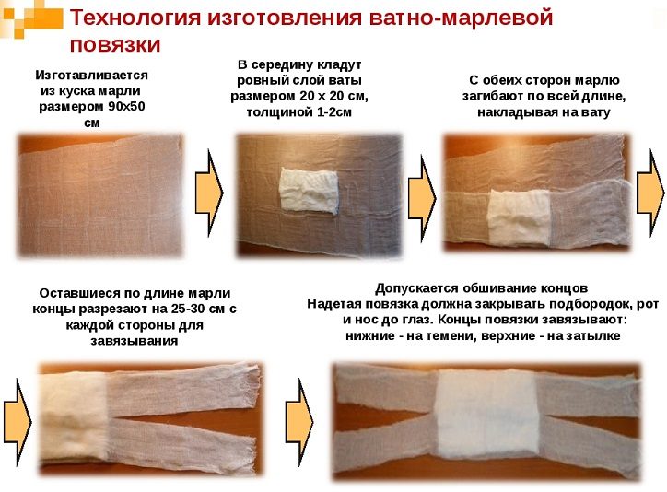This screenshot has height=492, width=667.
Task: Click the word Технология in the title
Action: point(135,18)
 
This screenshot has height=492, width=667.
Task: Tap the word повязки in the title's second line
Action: point(115,45)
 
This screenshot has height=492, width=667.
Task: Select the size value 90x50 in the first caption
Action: point(127,106)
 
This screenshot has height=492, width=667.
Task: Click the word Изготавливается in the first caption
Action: point(91,76)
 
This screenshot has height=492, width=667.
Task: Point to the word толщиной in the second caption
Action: point(273,112)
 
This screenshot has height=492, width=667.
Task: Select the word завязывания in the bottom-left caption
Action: point(134,341)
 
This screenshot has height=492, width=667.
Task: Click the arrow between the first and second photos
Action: point(209,193)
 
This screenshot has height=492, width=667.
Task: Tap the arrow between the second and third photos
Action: point(422,199)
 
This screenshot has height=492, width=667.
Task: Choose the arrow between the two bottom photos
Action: point(299,422)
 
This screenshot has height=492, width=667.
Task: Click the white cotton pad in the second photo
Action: point(310,189)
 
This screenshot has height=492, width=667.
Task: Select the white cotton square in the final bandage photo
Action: point(487,415)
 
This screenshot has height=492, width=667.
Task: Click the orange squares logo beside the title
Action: point(32,19)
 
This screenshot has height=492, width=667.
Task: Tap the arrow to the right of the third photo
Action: point(650,193)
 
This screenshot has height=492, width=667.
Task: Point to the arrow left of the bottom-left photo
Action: point(18,422)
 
